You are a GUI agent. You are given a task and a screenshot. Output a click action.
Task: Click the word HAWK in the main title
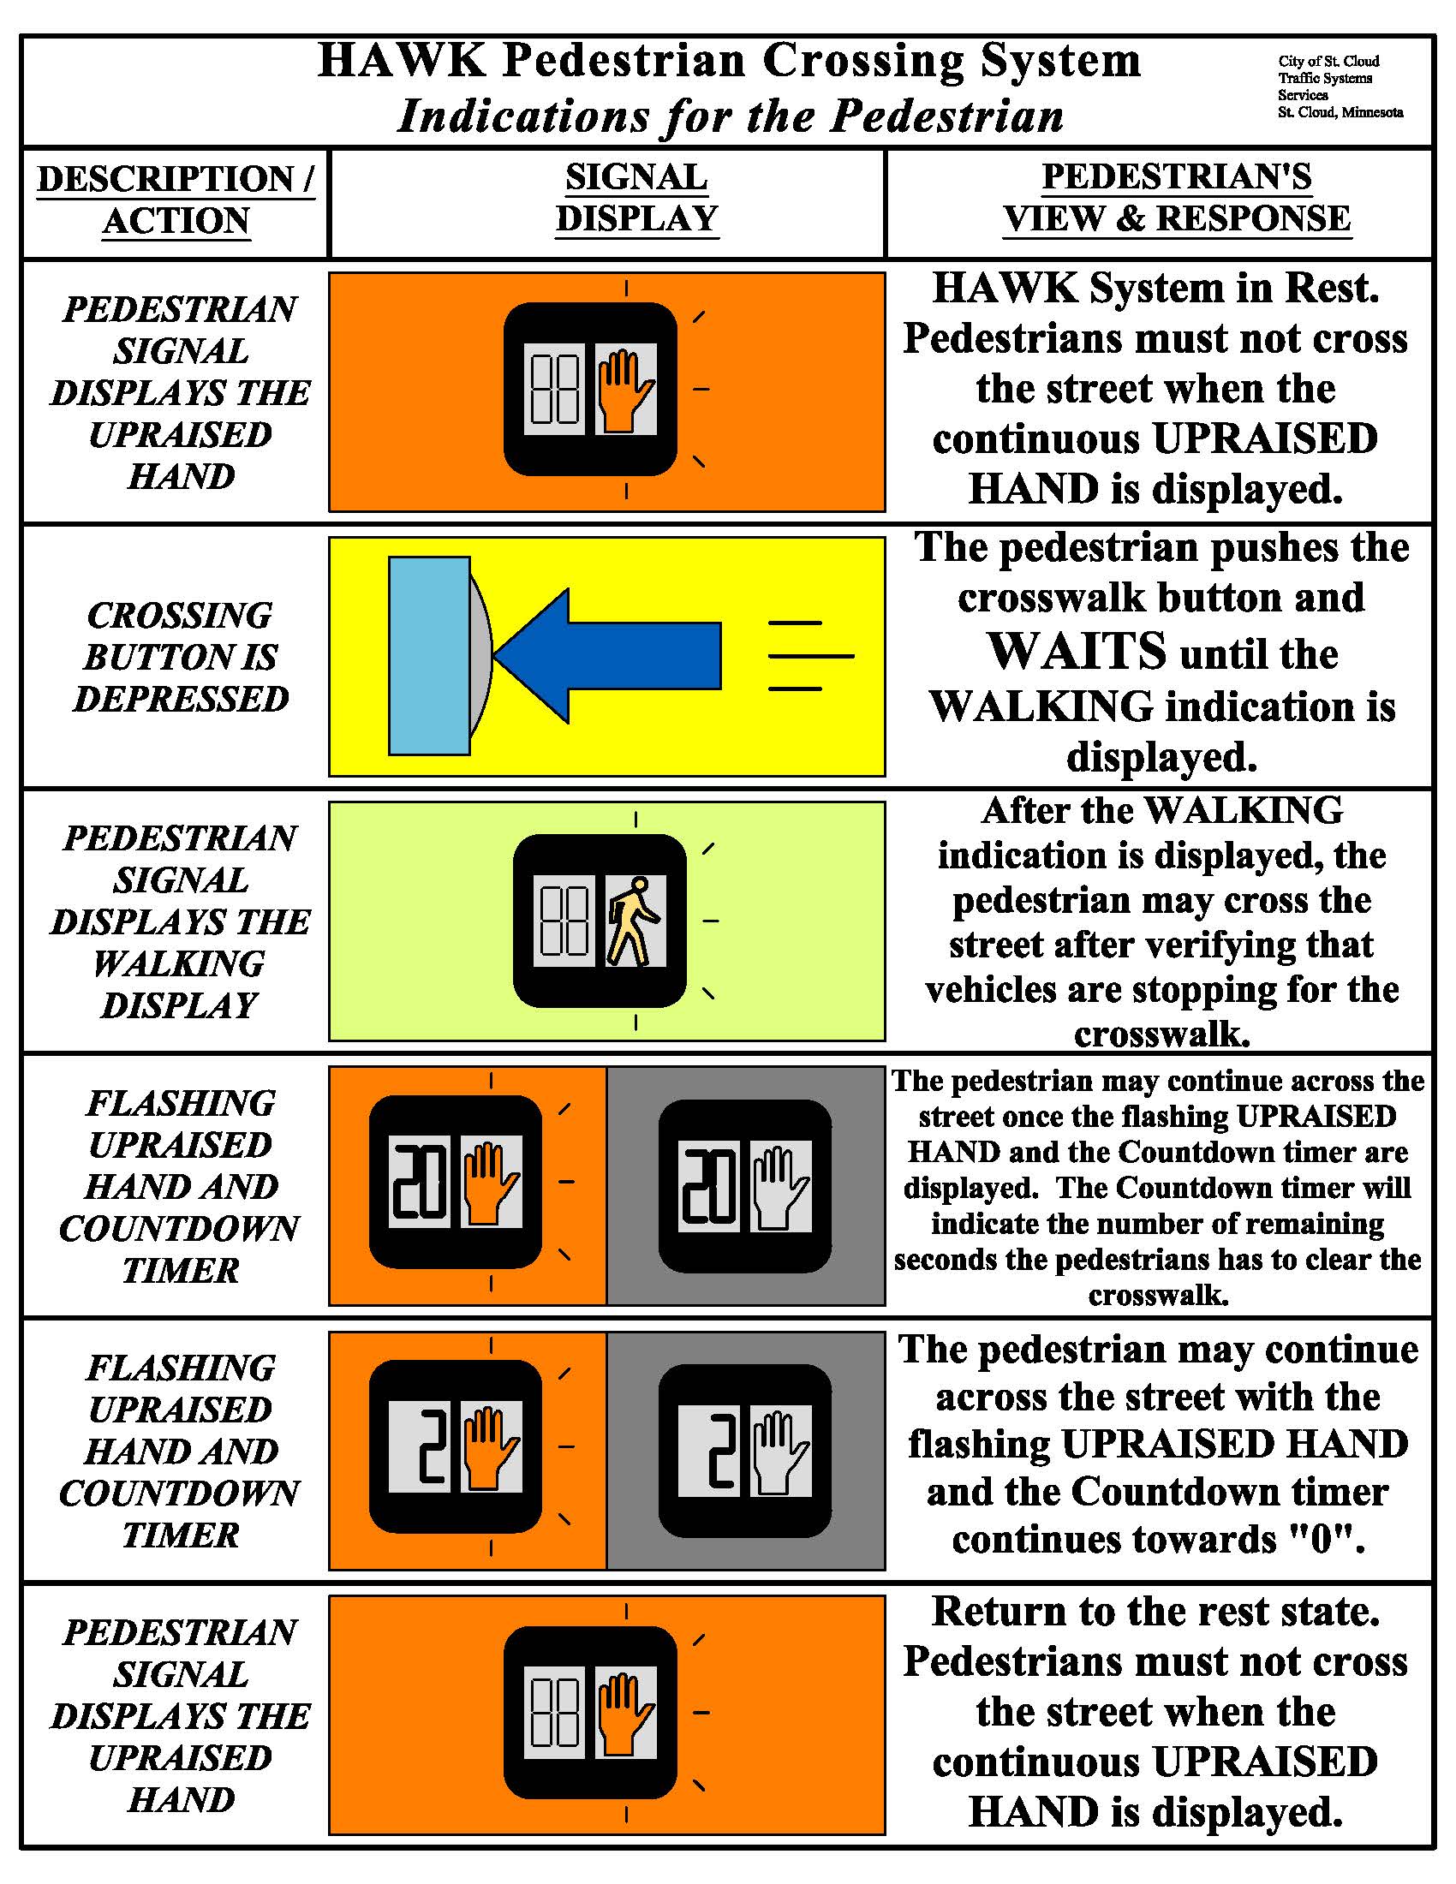401,61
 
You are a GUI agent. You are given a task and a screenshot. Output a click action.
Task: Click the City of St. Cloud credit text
1339,86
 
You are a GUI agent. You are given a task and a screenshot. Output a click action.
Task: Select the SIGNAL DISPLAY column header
636,199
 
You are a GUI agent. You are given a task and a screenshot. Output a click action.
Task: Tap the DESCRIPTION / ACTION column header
176,200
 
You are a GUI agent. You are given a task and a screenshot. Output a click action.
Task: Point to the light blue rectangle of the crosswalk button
429,656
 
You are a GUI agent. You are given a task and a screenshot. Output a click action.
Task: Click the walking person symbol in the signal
634,921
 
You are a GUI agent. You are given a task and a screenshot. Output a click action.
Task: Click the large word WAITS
1077,652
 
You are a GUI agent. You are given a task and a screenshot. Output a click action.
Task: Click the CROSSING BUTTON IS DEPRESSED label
179,657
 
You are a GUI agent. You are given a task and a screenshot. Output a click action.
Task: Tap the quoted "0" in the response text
1321,1540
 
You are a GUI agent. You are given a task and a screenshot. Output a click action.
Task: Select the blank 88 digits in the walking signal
564,921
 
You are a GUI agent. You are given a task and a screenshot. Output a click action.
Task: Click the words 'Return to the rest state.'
1156,1612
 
